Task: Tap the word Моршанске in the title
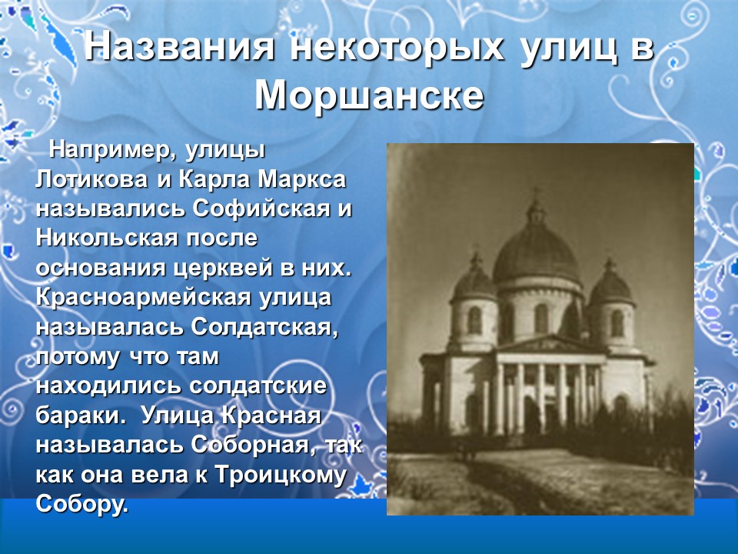tap(369, 95)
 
